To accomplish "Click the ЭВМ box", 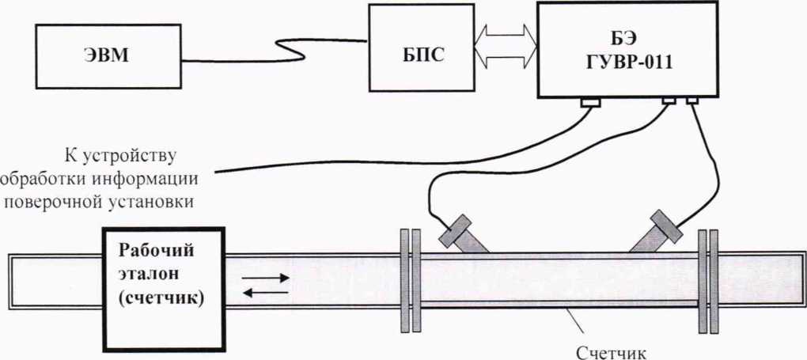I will pos(107,56).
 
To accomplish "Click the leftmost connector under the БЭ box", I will pos(589,102).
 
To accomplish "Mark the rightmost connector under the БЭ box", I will pos(692,100).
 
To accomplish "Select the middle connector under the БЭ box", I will pos(669,100).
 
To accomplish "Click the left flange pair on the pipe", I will pos(410,280).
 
